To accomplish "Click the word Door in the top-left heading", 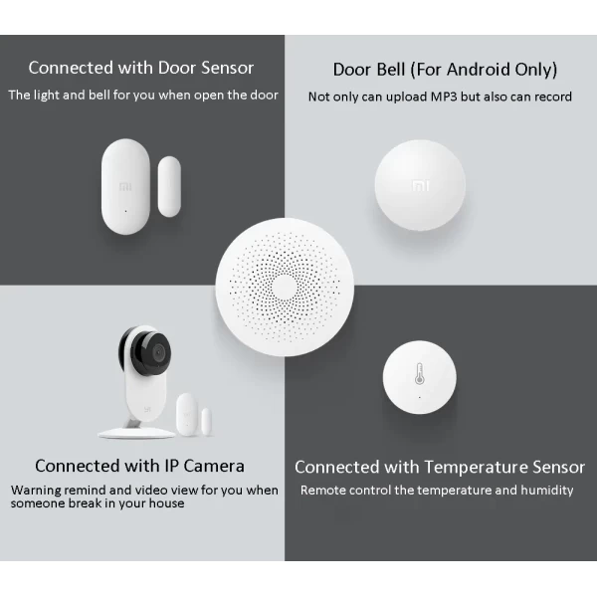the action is pos(177,68).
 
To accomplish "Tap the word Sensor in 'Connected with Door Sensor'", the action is pos(228,68).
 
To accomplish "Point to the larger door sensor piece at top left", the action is pos(125,187).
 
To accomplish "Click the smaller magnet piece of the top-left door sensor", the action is pos(169,187).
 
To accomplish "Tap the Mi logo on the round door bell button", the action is pos(420,186).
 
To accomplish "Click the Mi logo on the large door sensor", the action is pos(125,187).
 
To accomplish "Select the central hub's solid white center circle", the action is pos(284,288).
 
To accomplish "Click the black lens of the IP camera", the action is pos(157,352).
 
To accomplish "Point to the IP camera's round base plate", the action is pos(136,433).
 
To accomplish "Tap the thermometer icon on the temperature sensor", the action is pos(419,373).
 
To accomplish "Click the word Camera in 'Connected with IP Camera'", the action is pos(214,466).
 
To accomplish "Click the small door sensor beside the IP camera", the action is pos(193,415).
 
